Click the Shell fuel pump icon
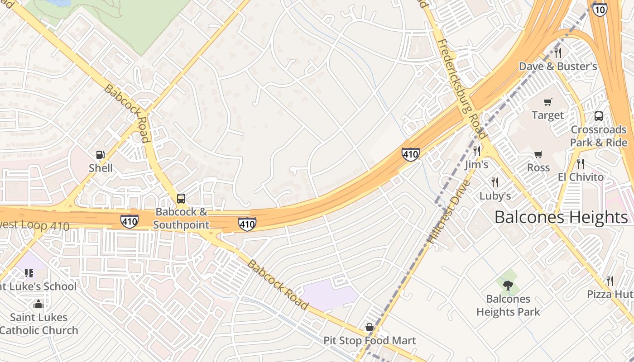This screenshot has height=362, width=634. coord(101,155)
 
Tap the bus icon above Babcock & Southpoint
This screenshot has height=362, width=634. coord(181,198)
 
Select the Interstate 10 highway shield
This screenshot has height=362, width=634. coord(600,9)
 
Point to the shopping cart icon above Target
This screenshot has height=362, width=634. coord(548,102)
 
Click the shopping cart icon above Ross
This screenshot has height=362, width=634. coord(538,155)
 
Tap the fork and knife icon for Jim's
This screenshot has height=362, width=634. coord(476,151)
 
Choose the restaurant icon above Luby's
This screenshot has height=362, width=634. coord(495,182)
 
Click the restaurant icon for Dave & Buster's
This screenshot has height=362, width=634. coord(558,53)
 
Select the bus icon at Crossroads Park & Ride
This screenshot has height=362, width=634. coord(599,116)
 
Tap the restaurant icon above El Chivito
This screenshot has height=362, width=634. coord(581,163)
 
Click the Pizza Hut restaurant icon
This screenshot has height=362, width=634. coord(610,281)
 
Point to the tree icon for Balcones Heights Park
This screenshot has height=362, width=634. coord(508,286)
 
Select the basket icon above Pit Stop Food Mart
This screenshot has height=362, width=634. coord(370,327)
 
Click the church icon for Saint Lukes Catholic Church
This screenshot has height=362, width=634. coord(38,304)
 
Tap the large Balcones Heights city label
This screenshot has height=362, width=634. coord(561,217)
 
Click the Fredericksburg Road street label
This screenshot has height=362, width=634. coord(462,89)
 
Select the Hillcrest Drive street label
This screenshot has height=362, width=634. coord(449,213)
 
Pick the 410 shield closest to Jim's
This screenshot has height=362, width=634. coord(410,154)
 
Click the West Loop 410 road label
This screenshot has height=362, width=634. coord(34,225)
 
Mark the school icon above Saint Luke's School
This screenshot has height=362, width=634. coord(29,273)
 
